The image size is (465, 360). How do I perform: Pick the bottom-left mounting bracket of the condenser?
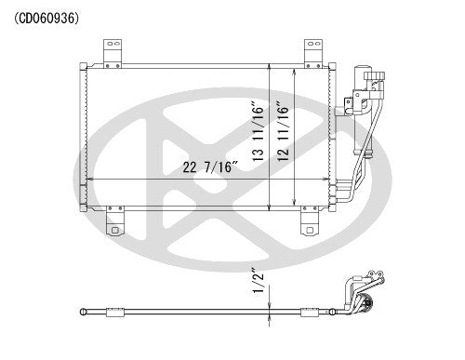(115, 224)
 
